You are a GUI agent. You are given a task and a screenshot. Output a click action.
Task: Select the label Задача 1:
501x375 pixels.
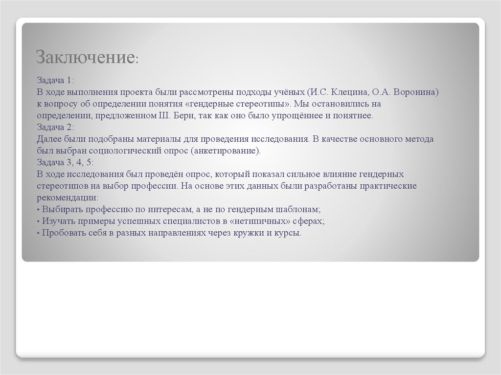coord(55,81)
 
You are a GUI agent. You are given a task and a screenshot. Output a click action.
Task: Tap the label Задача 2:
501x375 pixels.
coord(55,127)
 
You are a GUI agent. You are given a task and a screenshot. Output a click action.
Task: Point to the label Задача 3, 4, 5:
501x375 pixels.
coord(65,162)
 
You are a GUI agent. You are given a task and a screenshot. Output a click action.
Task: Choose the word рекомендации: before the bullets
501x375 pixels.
coord(68,198)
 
